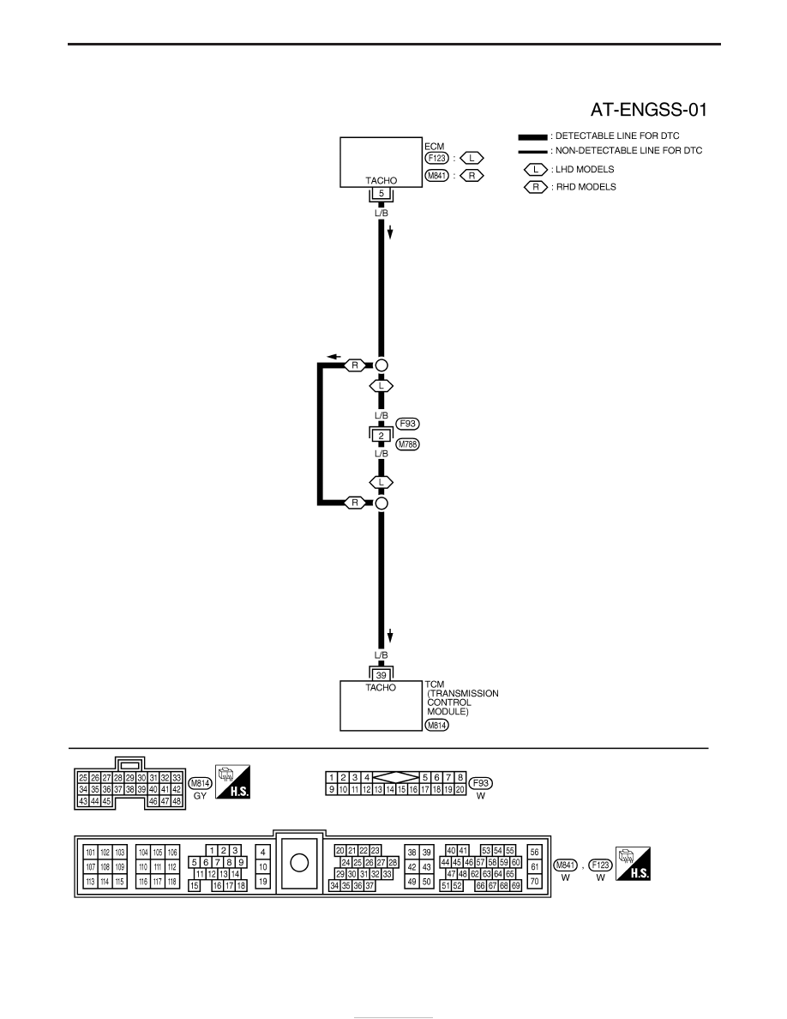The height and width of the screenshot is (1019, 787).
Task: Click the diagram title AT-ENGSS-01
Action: pos(648,110)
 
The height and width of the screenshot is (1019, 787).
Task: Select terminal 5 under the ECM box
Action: pos(381,193)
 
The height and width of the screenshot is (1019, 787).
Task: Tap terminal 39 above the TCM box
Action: pos(381,675)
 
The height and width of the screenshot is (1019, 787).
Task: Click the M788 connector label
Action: pos(408,444)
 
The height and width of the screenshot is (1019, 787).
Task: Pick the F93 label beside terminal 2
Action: pos(408,424)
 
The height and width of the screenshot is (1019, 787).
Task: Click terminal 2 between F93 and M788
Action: pos(381,436)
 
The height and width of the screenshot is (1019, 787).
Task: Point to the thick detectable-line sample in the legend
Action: pos(532,137)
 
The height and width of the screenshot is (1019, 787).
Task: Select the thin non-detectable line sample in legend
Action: pos(532,152)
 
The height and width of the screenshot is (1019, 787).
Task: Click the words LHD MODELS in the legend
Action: pos(585,170)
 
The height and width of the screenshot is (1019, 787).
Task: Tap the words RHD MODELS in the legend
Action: pos(586,187)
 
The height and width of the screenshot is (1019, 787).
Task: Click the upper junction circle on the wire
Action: pos(381,365)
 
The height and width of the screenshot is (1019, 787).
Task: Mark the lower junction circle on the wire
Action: pos(381,503)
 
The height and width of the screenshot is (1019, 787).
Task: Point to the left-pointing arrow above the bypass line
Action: pos(333,356)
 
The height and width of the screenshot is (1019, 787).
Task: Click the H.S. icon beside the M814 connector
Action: pos(232,781)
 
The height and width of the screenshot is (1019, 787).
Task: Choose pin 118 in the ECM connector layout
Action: pos(172,882)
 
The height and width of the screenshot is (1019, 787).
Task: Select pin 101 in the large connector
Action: pos(90,853)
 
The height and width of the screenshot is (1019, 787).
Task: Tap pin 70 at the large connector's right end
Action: pos(534,882)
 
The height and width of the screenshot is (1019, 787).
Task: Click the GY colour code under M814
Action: pos(200,796)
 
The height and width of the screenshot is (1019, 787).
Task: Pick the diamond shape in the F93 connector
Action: pos(396,777)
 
